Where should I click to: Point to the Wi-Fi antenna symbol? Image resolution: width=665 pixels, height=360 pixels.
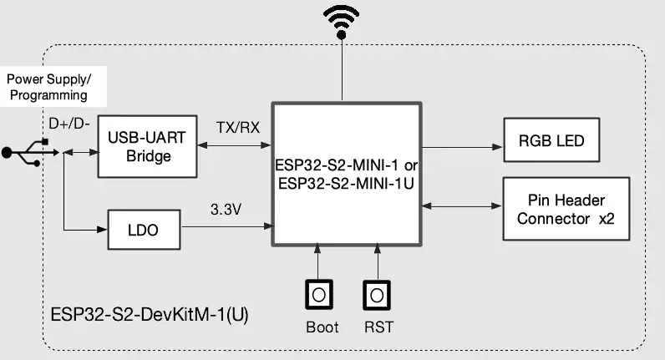[x=342, y=22]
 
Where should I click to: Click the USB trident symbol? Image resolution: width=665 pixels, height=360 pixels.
[x=30, y=152]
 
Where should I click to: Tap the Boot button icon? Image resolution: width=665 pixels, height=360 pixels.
[x=319, y=295]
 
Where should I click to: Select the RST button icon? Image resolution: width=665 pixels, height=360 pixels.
[x=377, y=295]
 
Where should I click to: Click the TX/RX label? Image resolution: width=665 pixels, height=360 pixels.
[x=237, y=127]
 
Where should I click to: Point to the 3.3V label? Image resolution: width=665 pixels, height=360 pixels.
[x=226, y=209]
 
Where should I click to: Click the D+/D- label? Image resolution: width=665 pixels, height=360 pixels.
[x=69, y=124]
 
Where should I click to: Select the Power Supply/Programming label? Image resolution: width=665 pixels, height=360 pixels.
[x=48, y=87]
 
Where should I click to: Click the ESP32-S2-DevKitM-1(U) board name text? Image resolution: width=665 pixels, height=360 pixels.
[x=150, y=315]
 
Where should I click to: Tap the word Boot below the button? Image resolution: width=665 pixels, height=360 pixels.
[x=322, y=327]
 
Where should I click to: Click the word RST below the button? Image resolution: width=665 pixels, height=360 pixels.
[x=378, y=327]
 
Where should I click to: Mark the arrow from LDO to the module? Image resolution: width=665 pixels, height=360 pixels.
[x=227, y=226]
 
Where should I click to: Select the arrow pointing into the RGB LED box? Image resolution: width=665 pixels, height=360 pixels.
[x=462, y=147]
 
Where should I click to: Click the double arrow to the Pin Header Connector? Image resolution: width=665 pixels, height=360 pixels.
[x=462, y=206]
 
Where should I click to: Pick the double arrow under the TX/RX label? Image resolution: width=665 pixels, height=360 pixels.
[x=234, y=145]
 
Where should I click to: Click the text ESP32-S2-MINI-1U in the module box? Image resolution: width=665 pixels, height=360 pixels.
[x=346, y=184]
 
